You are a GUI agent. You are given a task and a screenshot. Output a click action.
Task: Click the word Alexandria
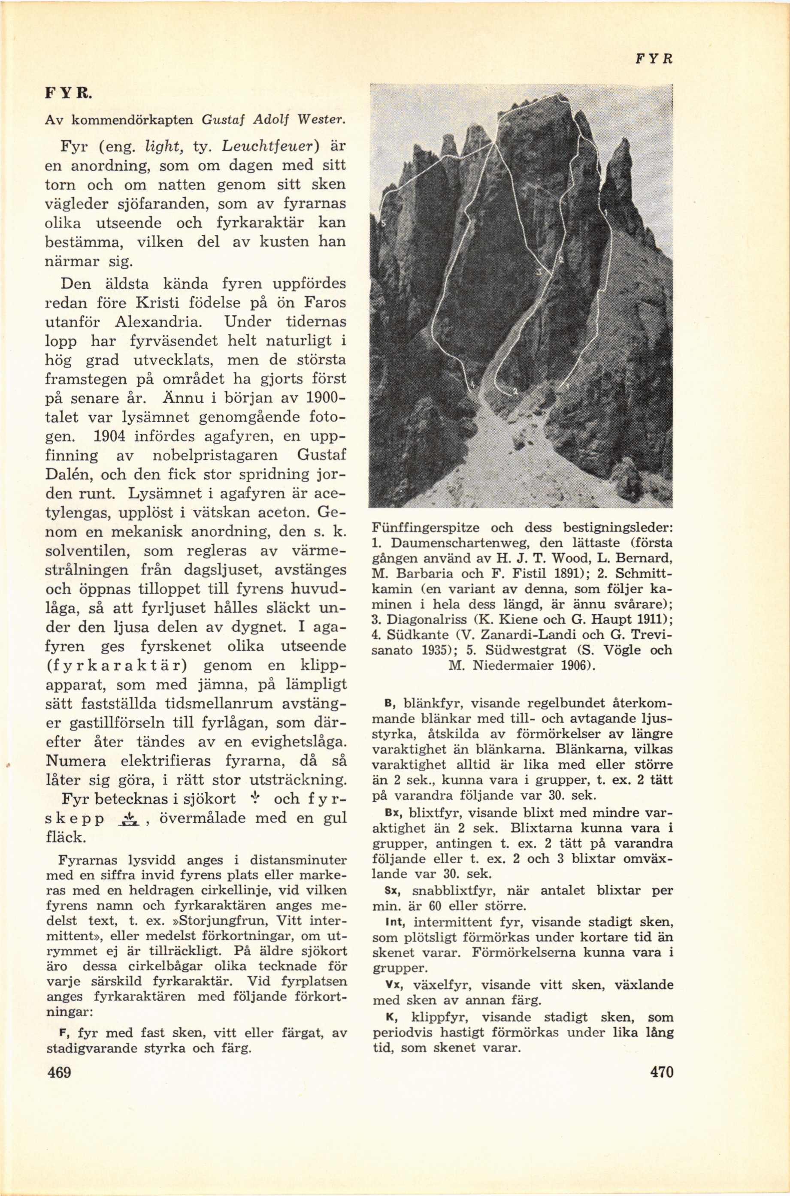pyautogui.click(x=159, y=321)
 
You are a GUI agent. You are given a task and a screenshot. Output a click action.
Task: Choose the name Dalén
pyautogui.click(x=70, y=474)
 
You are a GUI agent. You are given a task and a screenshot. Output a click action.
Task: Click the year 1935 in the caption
pyautogui.click(x=429, y=650)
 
